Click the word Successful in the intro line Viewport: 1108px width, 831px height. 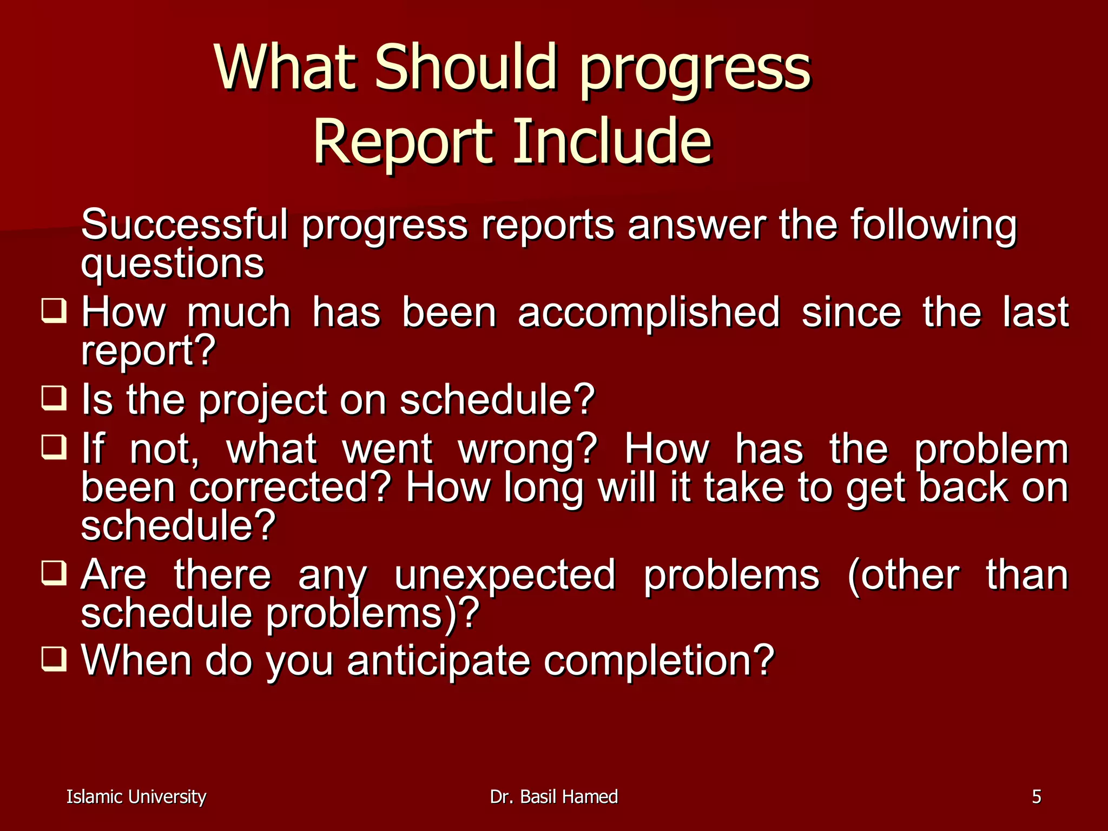click(184, 225)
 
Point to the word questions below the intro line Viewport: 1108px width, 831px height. click(172, 265)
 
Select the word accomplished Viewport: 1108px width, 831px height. click(649, 314)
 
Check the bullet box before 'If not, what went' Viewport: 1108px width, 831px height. click(54, 447)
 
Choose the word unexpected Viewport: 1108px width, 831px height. click(504, 576)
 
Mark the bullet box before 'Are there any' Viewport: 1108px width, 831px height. click(54, 573)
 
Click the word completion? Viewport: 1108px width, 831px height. click(659, 661)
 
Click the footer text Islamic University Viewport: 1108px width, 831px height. click(136, 797)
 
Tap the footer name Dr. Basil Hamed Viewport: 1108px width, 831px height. click(553, 797)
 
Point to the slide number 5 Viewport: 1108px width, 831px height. click(1036, 797)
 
